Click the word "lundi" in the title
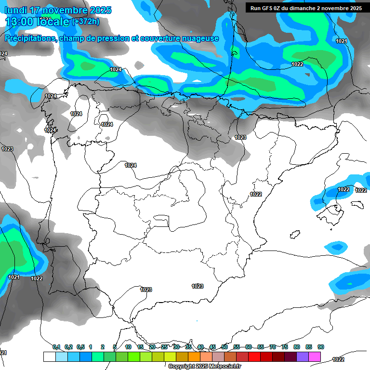pyautogui.click(x=15, y=10)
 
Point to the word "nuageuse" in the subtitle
pyautogui.click(x=200, y=39)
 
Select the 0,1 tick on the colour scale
pyautogui.click(x=56, y=347)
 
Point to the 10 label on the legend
pyautogui.click(x=128, y=347)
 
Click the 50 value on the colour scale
pyautogui.click(x=225, y=347)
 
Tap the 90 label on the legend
pyautogui.click(x=321, y=347)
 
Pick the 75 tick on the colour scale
pyautogui.click(x=285, y=347)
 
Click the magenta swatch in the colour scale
pyautogui.click(x=315, y=357)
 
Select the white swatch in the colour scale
pyautogui.click(x=49, y=357)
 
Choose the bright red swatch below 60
pyautogui.click(x=254, y=357)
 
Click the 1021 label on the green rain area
pyautogui.click(x=14, y=277)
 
